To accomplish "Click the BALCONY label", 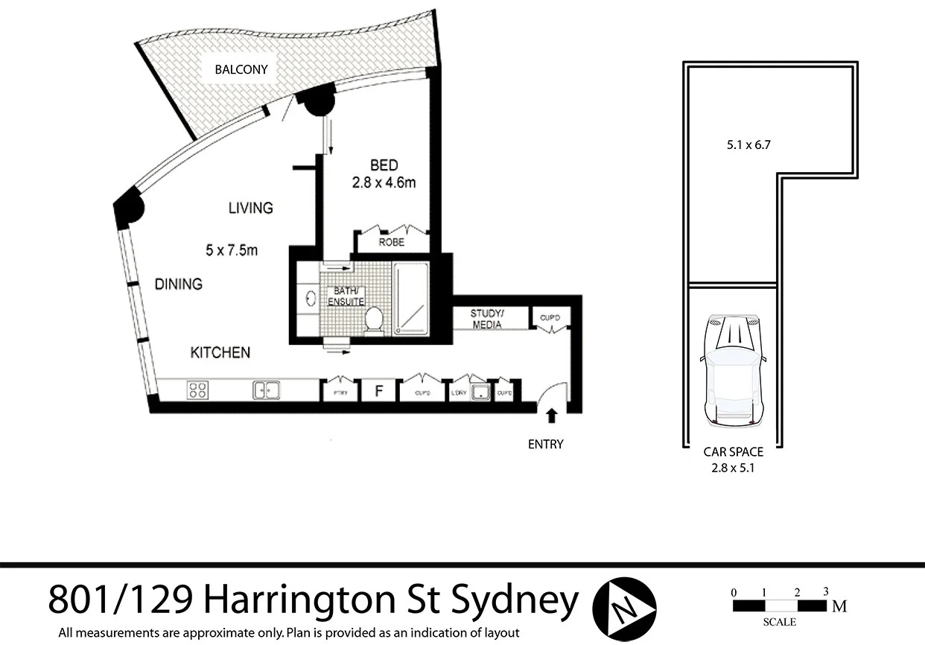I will pyautogui.click(x=241, y=70).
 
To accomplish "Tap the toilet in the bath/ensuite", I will pyautogui.click(x=374, y=320).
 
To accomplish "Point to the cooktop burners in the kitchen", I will pyautogui.click(x=197, y=390).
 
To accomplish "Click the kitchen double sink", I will pyautogui.click(x=266, y=390).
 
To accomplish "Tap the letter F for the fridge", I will pyautogui.click(x=378, y=391).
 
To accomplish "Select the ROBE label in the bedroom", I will pyautogui.click(x=391, y=243).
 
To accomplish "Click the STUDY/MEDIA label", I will pyautogui.click(x=487, y=319).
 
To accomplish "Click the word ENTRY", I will pyautogui.click(x=545, y=445).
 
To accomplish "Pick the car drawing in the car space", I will pyautogui.click(x=734, y=369).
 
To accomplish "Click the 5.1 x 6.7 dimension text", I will pyautogui.click(x=748, y=146).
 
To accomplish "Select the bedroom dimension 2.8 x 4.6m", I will pyautogui.click(x=384, y=182).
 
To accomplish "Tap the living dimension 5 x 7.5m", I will pyautogui.click(x=232, y=250).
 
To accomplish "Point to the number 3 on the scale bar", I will pyautogui.click(x=825, y=592).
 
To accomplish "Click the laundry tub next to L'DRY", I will pyautogui.click(x=480, y=391).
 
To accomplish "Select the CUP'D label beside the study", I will pyautogui.click(x=550, y=319).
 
